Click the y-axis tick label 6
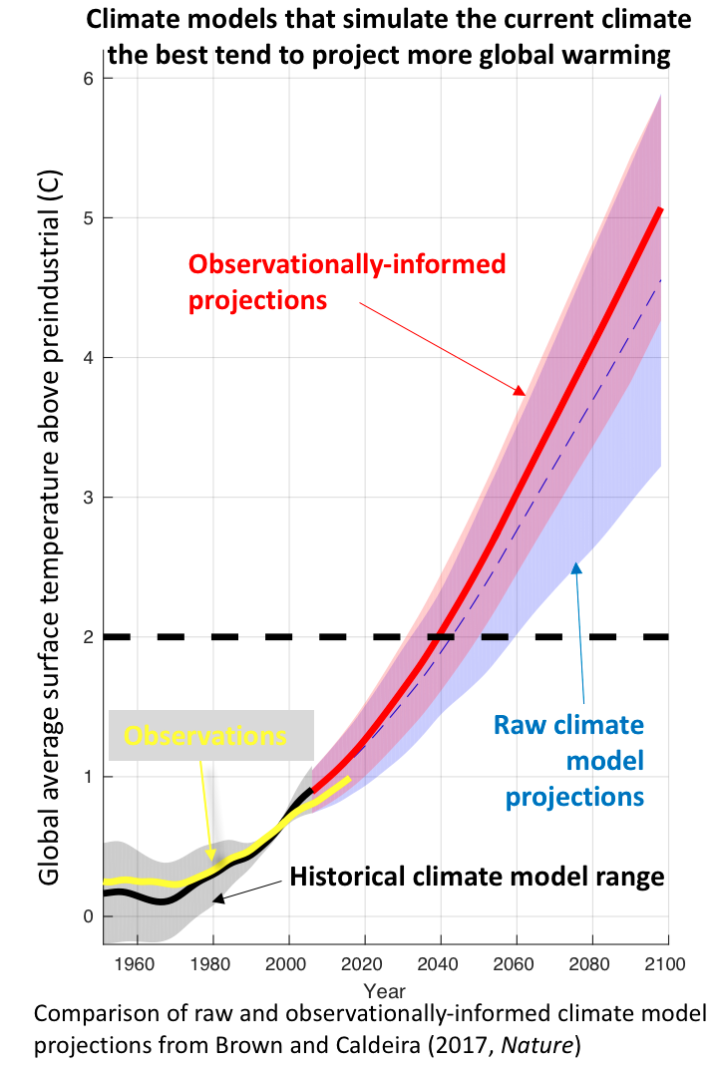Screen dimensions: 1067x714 90,79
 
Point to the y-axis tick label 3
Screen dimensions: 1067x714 90,498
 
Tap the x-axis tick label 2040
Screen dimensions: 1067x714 441,963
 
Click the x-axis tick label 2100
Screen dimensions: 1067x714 668,963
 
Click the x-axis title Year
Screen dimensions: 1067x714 384,991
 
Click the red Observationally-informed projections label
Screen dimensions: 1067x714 347,281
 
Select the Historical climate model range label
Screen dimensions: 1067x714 477,878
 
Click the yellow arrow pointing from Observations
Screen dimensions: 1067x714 207,808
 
